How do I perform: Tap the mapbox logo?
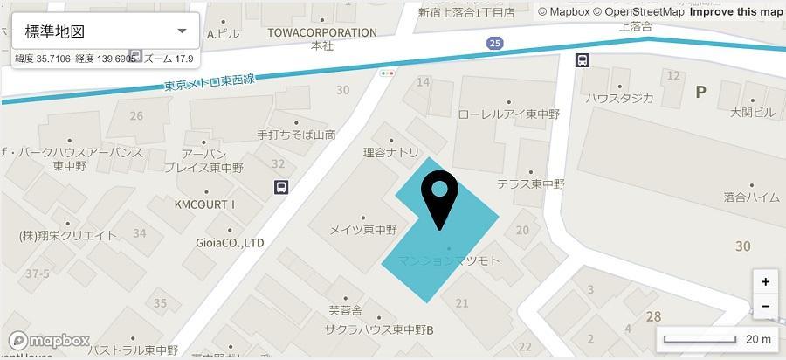point(50,340)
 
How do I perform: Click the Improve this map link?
point(735,11)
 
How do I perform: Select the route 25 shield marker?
point(495,42)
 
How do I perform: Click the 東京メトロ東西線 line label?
point(210,84)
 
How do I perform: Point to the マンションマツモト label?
point(448,260)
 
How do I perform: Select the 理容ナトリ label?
point(391,152)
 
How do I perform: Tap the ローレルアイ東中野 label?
point(508,114)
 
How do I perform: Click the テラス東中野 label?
point(531,184)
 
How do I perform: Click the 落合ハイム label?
point(751,197)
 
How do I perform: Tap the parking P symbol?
point(700,91)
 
